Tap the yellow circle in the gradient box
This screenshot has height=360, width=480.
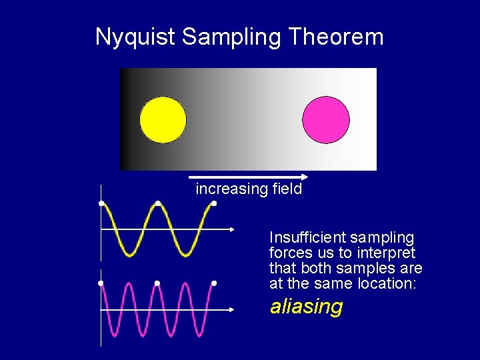click(x=163, y=120)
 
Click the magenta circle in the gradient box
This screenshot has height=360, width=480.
click(x=326, y=120)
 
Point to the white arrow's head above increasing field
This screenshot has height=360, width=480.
click(x=304, y=177)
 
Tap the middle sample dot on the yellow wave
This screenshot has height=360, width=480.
click(x=157, y=203)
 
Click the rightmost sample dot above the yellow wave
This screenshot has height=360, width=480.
click(x=214, y=203)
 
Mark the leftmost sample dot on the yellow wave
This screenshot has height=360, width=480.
click(x=101, y=203)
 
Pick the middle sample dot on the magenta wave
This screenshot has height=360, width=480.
click(x=157, y=283)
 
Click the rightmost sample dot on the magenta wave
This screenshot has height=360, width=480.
click(x=214, y=283)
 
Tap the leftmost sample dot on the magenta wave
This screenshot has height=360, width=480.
click(x=101, y=283)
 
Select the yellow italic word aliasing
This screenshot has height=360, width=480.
click(x=306, y=307)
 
